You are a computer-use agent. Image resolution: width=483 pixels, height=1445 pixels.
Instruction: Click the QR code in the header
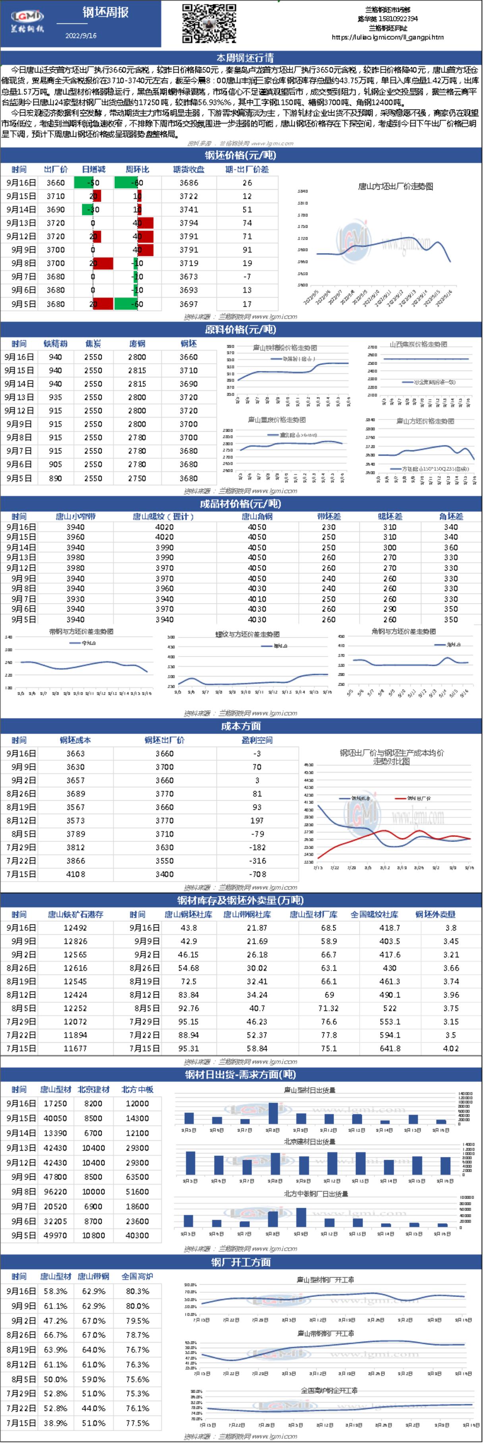209,23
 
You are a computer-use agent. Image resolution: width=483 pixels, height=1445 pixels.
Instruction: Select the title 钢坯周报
106,12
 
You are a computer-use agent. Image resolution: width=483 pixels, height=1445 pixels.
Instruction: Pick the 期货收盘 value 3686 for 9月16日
189,183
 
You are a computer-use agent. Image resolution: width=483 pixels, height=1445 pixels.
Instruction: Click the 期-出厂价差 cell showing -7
247,277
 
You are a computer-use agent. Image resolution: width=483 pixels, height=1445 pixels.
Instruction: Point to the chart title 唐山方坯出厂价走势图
395,186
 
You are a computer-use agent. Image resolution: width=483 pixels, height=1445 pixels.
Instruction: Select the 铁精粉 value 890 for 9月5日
55,478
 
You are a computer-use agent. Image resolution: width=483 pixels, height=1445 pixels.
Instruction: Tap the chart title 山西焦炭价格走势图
418,344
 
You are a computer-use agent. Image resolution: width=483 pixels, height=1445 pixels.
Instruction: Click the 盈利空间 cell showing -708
257,874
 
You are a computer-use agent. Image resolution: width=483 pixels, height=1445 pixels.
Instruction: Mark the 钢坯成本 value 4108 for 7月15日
76,874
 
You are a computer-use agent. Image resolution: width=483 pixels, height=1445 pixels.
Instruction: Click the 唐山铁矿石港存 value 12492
75,928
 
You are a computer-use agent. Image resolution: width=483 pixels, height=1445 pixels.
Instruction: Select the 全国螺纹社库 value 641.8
390,1048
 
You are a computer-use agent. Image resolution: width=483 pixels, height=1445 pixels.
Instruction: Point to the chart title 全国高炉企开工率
329,1386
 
